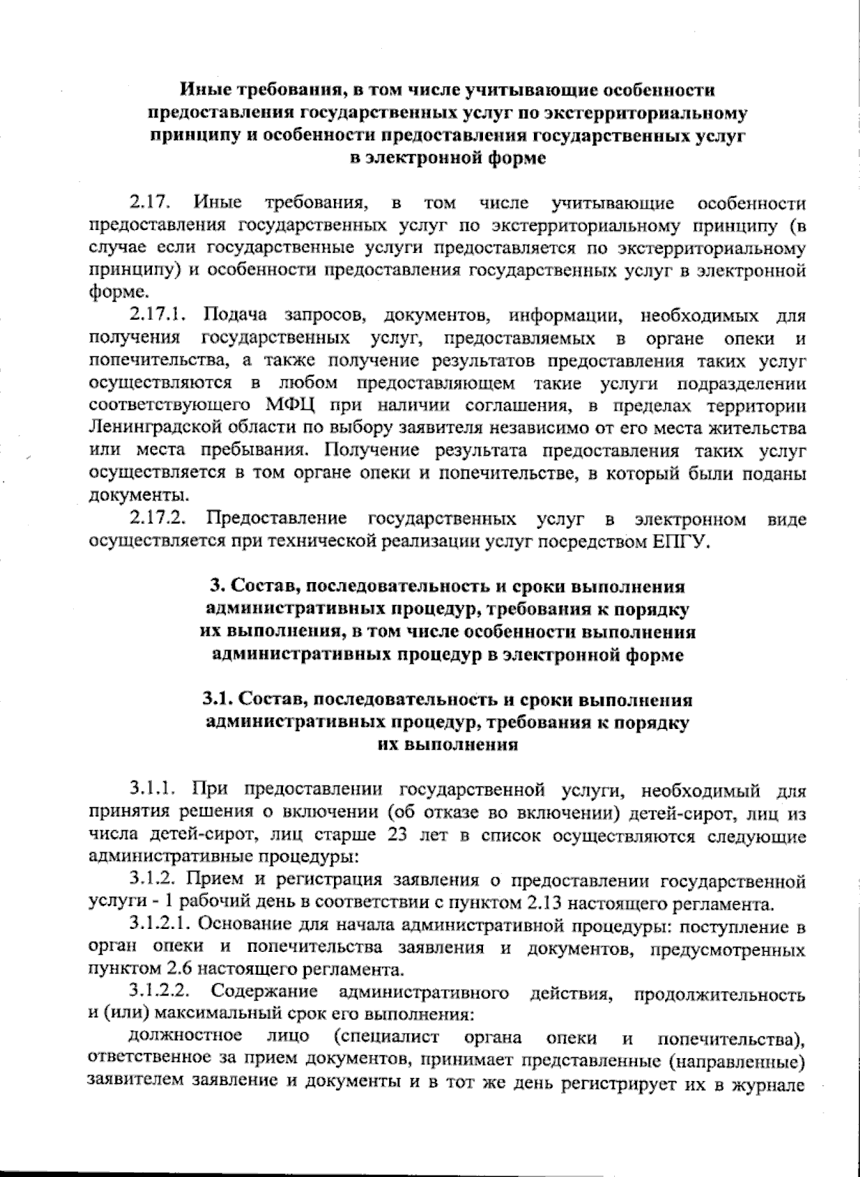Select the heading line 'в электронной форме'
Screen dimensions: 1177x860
tap(447, 158)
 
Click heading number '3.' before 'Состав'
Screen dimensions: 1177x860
tap(217, 586)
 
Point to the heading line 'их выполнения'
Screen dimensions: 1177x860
tap(447, 744)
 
